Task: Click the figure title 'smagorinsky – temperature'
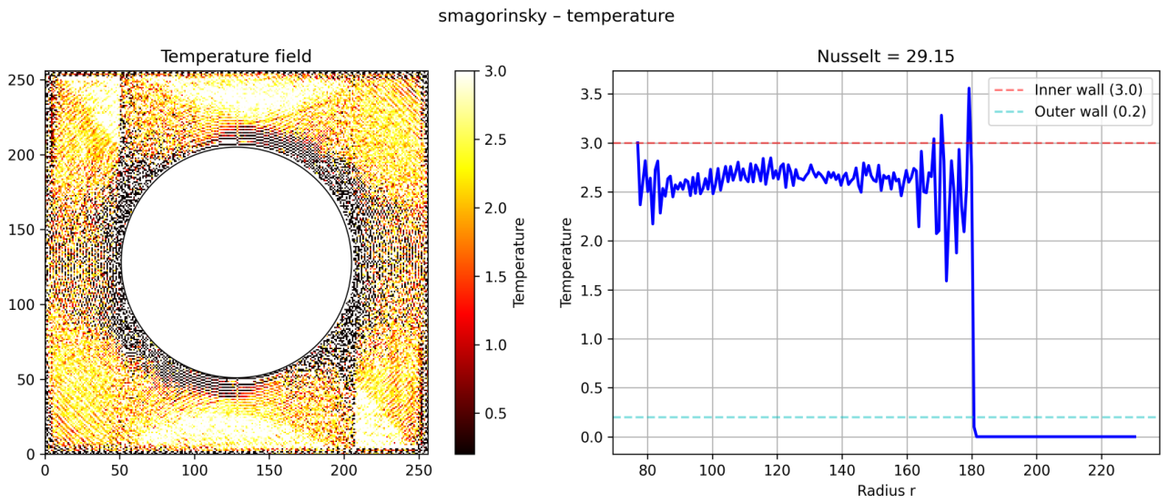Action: pos(555,16)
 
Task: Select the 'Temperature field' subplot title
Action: pos(236,56)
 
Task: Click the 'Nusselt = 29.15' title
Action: pos(886,56)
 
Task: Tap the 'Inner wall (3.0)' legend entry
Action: pos(1088,90)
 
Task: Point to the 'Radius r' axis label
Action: pos(886,490)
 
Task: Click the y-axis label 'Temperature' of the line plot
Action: pos(565,262)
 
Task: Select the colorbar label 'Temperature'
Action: pos(518,262)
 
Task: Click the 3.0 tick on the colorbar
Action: pos(494,71)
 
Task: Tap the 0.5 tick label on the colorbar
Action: pos(494,414)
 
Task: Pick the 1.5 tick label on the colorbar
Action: pos(494,277)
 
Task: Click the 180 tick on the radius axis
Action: pos(971,470)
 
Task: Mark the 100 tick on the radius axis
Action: pos(712,470)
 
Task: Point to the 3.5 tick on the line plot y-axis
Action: pos(591,95)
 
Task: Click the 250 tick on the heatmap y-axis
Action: pos(22,80)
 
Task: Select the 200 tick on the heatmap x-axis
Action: pos(344,470)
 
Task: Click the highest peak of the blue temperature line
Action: pos(969,87)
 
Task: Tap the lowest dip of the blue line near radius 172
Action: pos(946,281)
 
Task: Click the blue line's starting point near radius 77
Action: pos(637,142)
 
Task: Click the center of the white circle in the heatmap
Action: pos(237,262)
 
